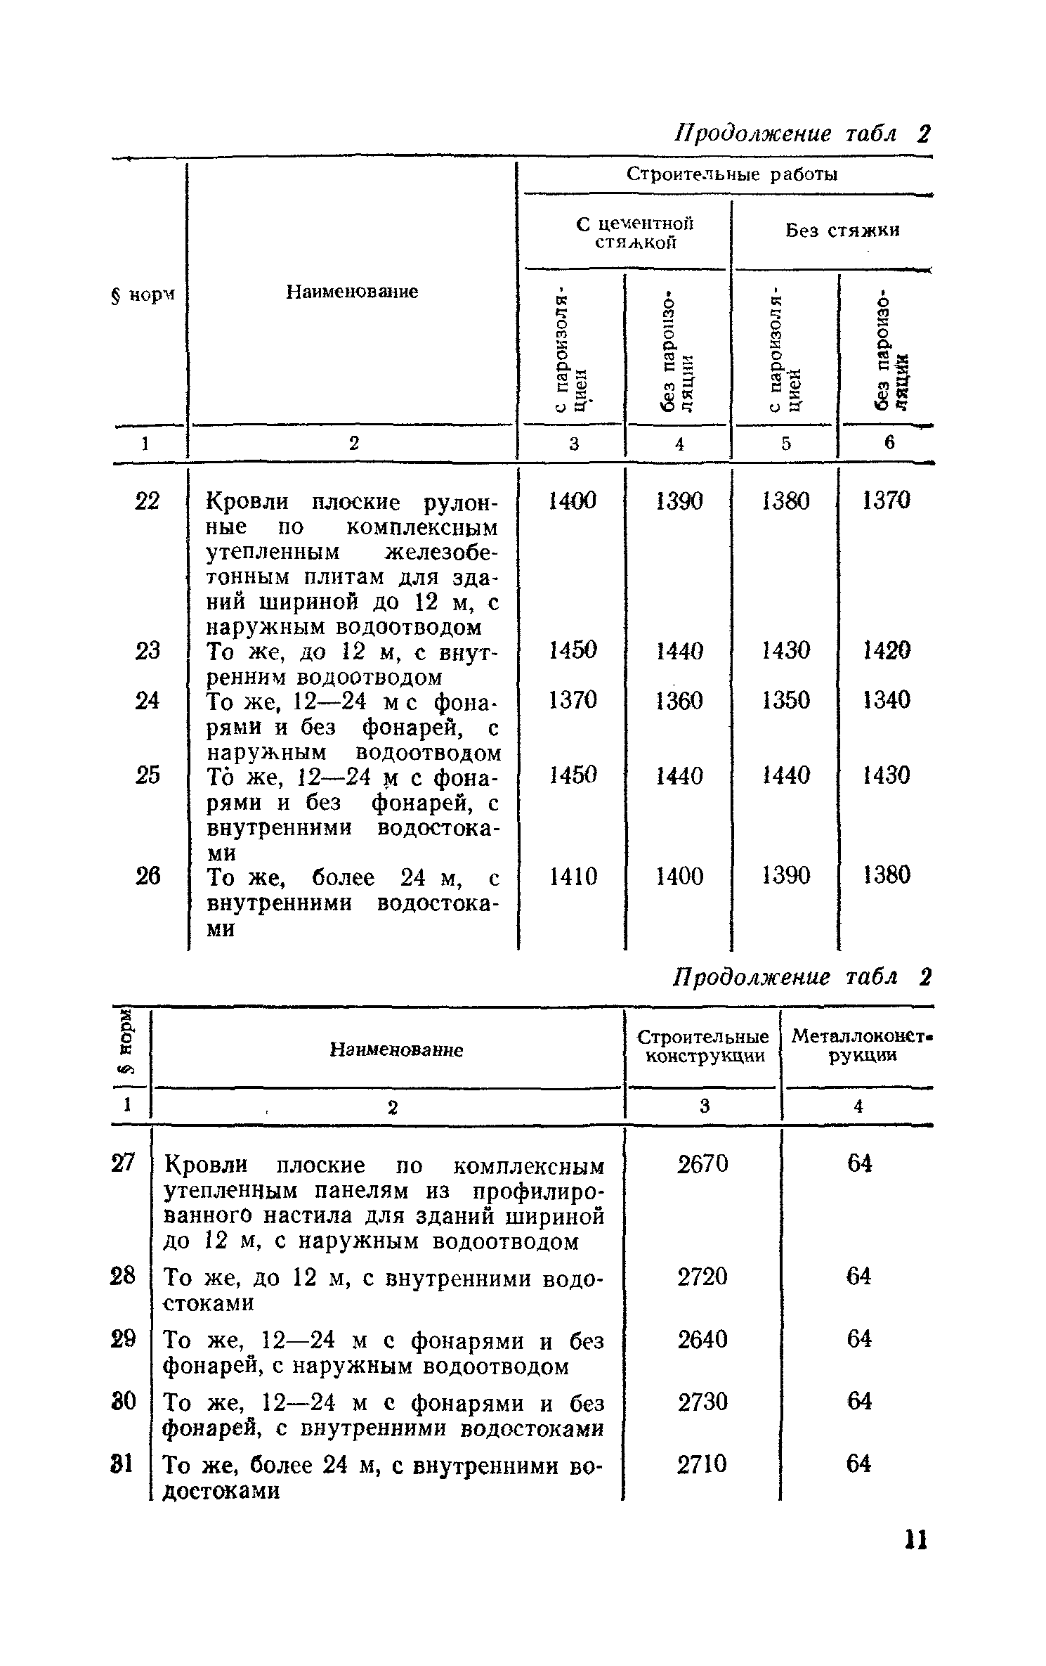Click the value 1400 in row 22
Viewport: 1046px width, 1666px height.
tap(573, 501)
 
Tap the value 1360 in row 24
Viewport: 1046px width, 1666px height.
tap(679, 700)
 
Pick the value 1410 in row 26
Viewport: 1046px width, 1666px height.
tap(573, 876)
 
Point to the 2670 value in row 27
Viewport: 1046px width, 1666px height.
tap(702, 1164)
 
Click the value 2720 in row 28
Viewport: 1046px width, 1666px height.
tap(702, 1276)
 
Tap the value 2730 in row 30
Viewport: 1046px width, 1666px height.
tap(702, 1402)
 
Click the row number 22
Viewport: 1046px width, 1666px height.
tap(147, 501)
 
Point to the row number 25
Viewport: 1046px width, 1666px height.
tap(147, 775)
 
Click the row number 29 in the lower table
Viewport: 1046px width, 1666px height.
tap(123, 1338)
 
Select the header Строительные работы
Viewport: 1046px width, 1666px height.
tap(732, 174)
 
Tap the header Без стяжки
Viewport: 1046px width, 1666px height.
tap(842, 230)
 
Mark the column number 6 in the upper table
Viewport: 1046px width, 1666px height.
tap(889, 442)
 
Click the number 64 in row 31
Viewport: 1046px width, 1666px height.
tap(858, 1464)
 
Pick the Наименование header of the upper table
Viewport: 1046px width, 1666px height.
tap(352, 291)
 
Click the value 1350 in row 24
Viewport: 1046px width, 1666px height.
tap(785, 700)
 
